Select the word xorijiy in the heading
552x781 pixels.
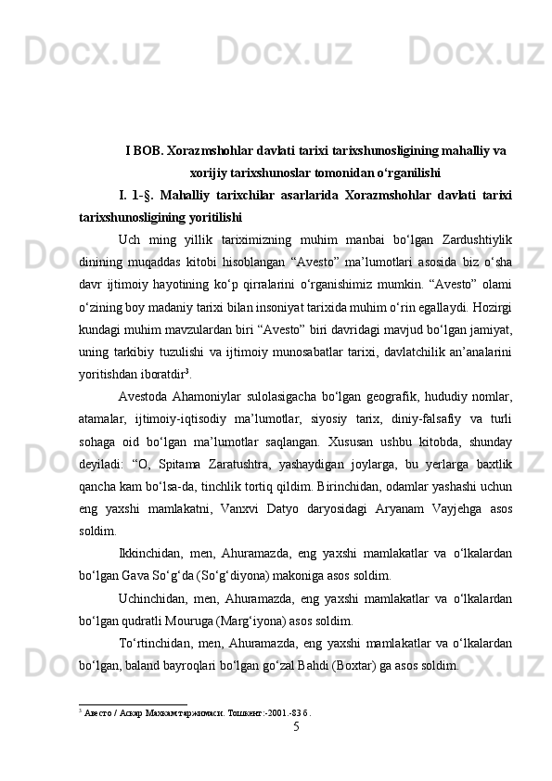[x=205, y=173]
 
